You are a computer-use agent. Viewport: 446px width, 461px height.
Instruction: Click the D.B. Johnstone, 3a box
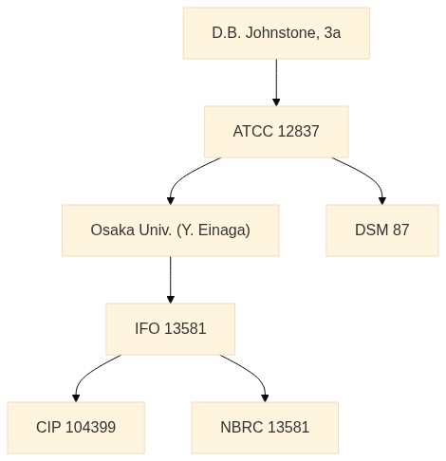pos(276,33)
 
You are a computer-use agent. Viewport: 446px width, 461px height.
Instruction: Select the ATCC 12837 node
pos(276,132)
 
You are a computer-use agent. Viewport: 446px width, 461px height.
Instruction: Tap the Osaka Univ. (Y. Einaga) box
pos(171,230)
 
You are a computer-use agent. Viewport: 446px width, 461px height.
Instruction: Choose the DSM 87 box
pos(382,230)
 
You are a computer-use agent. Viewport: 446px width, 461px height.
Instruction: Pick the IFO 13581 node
pos(171,329)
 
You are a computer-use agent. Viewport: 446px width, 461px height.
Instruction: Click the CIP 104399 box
pos(76,428)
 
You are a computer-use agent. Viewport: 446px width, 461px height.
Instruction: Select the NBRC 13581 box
pos(265,428)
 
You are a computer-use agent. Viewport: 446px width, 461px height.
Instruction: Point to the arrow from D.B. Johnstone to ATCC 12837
pos(276,83)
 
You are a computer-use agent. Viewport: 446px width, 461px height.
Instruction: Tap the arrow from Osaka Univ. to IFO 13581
pos(171,280)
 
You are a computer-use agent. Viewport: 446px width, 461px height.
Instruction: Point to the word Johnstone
pos(282,33)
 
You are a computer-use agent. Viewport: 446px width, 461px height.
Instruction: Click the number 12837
pos(298,132)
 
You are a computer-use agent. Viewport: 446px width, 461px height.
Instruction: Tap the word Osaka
pos(112,230)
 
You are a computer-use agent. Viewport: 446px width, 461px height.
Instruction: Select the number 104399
pos(91,428)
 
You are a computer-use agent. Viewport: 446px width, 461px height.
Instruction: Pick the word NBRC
pos(242,428)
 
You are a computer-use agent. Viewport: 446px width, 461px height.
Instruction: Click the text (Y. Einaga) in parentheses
pos(214,230)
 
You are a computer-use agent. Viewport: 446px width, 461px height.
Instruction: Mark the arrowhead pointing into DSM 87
pos(382,201)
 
